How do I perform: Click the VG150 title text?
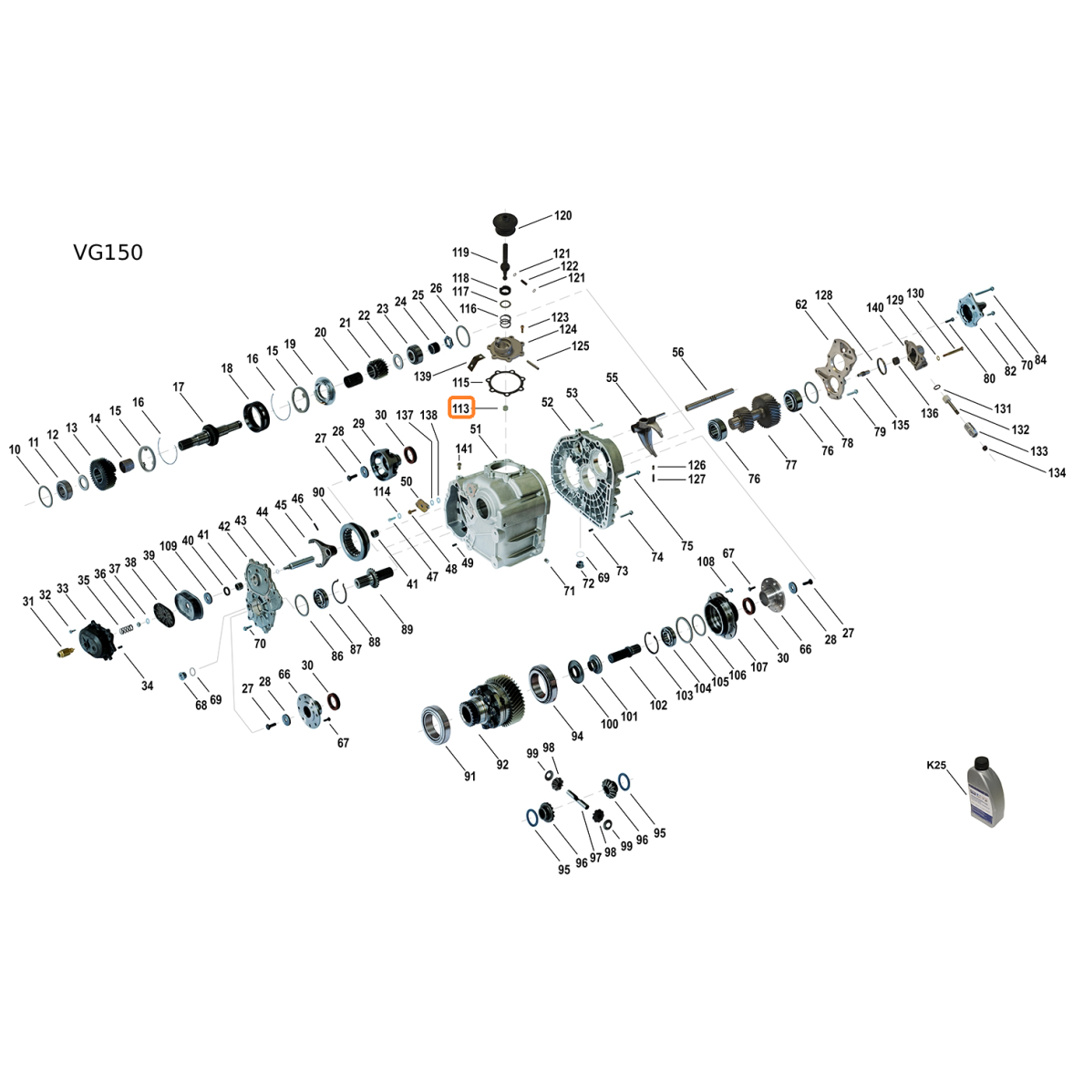click(x=108, y=253)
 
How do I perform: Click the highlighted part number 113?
click(x=460, y=408)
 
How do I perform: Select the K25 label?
click(x=936, y=765)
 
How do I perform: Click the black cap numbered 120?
click(x=505, y=223)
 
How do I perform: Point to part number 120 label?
click(x=562, y=215)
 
